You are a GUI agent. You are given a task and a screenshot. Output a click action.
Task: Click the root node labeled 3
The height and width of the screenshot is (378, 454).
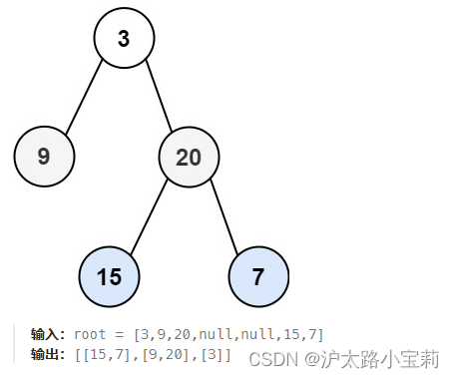tap(124, 39)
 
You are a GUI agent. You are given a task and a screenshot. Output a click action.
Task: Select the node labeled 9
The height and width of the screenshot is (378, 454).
tap(44, 157)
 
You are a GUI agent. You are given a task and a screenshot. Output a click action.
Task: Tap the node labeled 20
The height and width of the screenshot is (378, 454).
tap(189, 157)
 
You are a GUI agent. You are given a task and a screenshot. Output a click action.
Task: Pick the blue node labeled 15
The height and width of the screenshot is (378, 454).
tap(109, 276)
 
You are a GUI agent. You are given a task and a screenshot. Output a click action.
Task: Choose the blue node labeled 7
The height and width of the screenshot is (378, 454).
tap(258, 276)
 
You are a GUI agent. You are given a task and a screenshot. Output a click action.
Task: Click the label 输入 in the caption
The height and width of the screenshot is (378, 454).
tap(47, 334)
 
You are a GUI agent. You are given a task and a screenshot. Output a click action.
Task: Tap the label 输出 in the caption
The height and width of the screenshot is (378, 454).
tap(47, 354)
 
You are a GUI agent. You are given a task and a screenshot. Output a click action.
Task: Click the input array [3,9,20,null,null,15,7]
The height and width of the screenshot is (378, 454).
tap(228, 334)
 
